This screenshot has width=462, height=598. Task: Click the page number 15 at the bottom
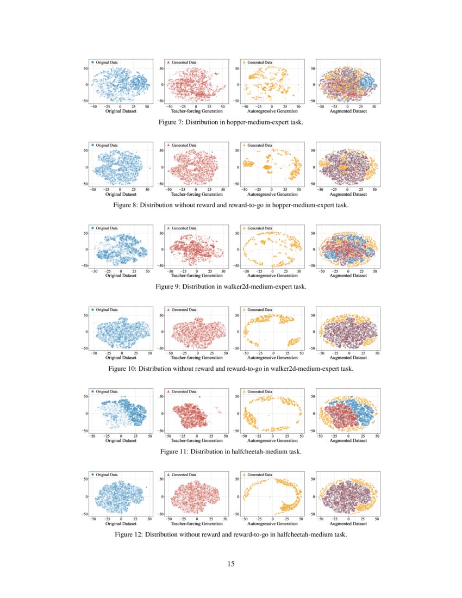click(x=231, y=564)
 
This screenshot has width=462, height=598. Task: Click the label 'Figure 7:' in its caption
click(x=170, y=123)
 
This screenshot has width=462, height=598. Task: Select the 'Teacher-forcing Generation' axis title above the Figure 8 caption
click(x=197, y=194)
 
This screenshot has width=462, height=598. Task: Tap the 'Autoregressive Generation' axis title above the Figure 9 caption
click(x=272, y=276)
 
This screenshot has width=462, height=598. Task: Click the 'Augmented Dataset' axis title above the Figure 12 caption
click(x=348, y=524)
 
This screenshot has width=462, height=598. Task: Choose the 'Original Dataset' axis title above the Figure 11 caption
click(x=121, y=440)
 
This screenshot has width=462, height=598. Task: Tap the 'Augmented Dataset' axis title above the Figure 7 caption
click(x=348, y=111)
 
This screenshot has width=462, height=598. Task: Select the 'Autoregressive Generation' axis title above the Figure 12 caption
click(x=272, y=524)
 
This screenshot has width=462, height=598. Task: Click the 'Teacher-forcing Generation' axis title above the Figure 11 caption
click(x=197, y=440)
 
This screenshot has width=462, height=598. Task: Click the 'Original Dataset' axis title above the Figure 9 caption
click(x=121, y=276)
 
